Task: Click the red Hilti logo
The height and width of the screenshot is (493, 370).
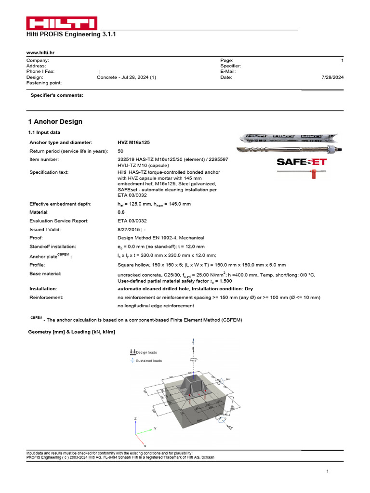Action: pos(61,24)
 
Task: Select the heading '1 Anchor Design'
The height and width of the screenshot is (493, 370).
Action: pos(55,122)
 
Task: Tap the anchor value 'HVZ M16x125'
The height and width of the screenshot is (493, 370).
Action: pos(134,143)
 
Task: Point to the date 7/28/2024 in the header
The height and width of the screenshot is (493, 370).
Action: pos(332,77)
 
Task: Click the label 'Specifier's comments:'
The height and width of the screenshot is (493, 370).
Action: pos(57,95)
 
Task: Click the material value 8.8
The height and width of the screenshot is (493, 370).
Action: pos(121,212)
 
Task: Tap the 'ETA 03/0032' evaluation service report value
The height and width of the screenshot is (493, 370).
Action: pos(132,221)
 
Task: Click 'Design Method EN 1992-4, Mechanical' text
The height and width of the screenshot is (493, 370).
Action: pos(161,238)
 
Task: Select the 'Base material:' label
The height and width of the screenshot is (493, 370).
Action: pos(45,273)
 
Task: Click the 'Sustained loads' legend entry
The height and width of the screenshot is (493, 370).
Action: pos(148,360)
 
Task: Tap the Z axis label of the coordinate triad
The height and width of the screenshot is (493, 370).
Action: pos(136,418)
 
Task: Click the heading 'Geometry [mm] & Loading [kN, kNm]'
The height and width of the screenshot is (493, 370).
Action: pos(72,332)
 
